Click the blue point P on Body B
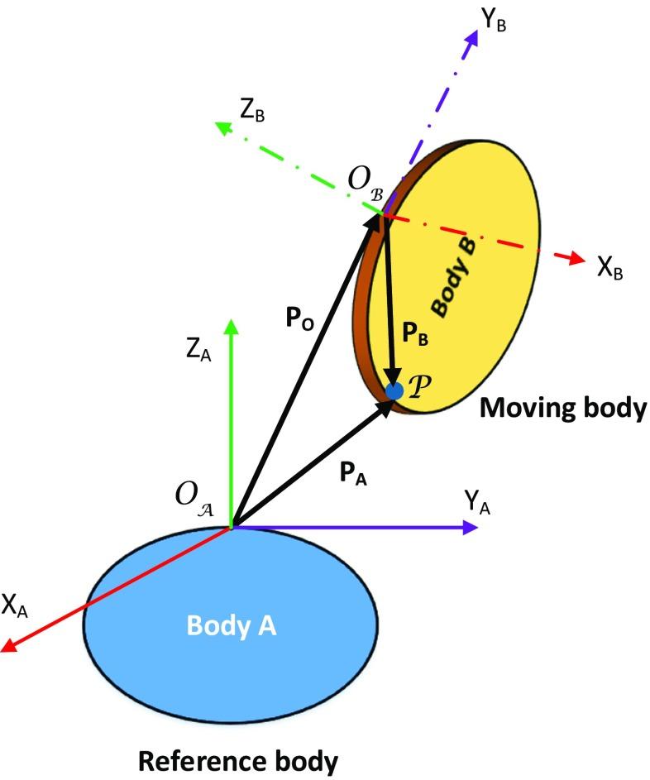[395, 389]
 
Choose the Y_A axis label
[478, 503]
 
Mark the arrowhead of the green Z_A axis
[232, 325]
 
